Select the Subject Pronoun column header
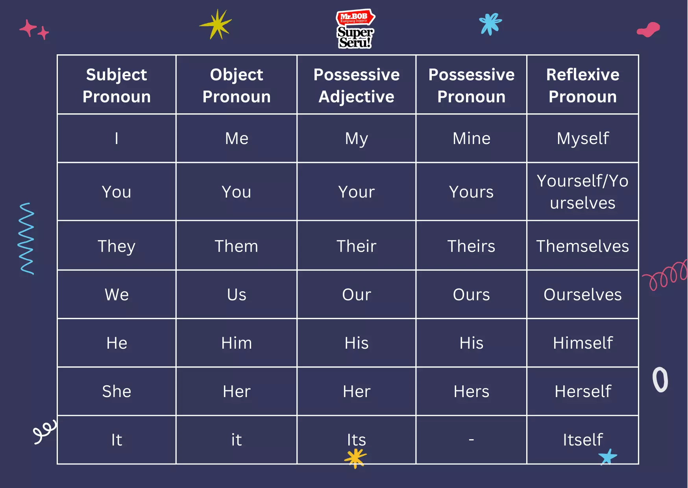(x=117, y=85)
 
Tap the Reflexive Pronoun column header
(x=583, y=85)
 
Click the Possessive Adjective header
(x=356, y=85)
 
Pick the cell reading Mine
(x=471, y=139)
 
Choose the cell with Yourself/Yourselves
(x=583, y=192)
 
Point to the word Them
(x=236, y=246)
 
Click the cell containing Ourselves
(x=583, y=295)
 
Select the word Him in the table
(x=236, y=343)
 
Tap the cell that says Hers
(x=471, y=392)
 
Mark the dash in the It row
(x=471, y=439)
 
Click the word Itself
(x=583, y=440)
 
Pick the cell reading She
(x=117, y=392)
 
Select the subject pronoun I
(x=117, y=139)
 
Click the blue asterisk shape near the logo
(x=490, y=24)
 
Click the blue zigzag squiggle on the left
(x=27, y=238)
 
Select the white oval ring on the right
(x=660, y=380)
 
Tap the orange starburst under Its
(x=355, y=458)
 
